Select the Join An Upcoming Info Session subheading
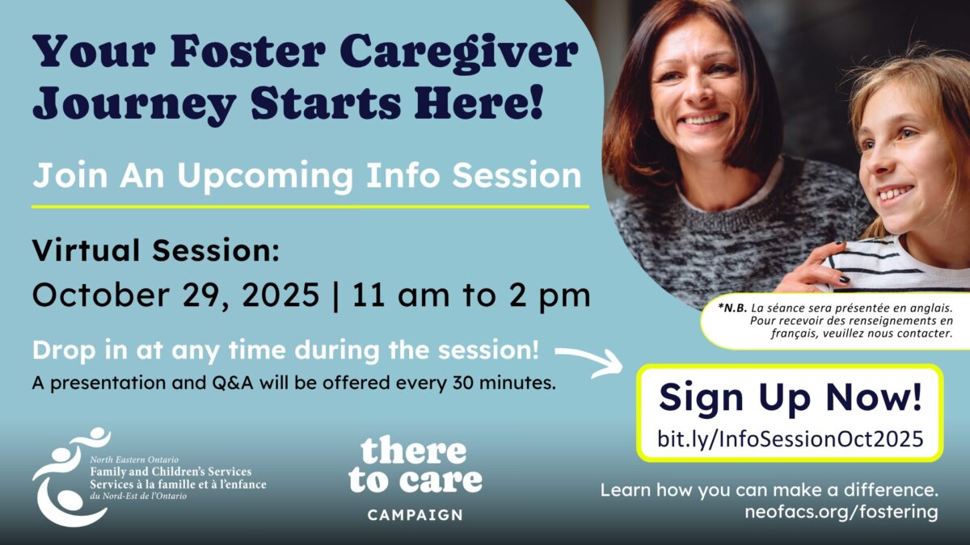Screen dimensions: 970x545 coord(306,175)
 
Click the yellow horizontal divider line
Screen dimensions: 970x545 coord(310,207)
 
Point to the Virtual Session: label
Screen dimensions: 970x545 coord(156,250)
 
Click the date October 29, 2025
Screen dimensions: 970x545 coord(176,296)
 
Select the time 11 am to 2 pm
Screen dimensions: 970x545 coord(471,296)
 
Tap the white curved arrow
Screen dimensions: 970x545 coord(589,361)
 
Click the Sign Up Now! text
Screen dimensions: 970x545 coord(791,398)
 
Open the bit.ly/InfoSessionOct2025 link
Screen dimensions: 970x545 coord(791,438)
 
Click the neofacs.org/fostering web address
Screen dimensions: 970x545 coord(841,512)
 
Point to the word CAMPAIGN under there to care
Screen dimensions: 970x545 coord(415,515)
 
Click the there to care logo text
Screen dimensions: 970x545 coord(415,467)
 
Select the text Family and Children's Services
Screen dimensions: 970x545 coord(171,472)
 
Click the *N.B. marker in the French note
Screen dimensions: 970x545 coord(732,308)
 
